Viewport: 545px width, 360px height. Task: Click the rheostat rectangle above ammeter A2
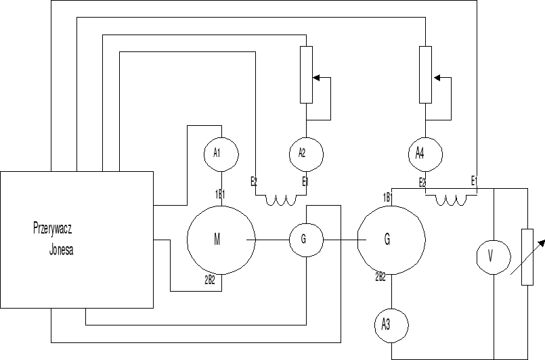tap(306, 74)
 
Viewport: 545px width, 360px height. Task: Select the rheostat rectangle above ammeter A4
tap(424, 74)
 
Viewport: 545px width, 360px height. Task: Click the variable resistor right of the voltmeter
tap(527, 257)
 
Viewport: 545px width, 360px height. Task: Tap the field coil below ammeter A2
tap(281, 200)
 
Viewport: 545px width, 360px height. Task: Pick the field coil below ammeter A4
tap(450, 200)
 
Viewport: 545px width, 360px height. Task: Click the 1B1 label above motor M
tap(220, 194)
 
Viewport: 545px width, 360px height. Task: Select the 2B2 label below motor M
tap(210, 279)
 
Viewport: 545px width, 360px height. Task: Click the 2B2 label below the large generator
tap(380, 276)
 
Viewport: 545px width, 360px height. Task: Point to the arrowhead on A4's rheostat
tap(437, 78)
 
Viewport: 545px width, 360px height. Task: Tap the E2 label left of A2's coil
tap(254, 181)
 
